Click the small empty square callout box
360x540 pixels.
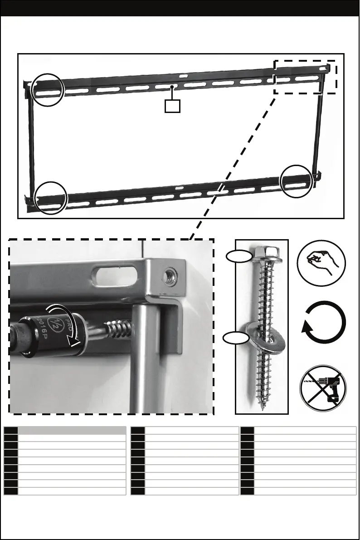pos(172,106)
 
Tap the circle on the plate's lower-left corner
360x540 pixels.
pos(51,197)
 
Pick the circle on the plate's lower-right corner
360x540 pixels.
pos(296,182)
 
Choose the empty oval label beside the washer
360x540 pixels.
pos(238,337)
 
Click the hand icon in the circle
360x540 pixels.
pos(321,262)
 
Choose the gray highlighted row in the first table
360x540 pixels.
pos(72,431)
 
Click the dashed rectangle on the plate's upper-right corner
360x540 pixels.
pos(305,77)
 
